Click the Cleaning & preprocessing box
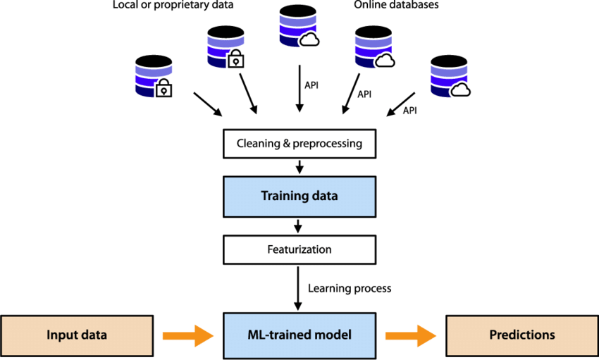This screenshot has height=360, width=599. tap(299, 144)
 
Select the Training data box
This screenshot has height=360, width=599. tap(299, 196)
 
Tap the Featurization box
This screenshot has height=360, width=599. tap(299, 249)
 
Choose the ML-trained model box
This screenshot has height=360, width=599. tap(299, 335)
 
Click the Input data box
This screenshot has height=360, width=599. tap(77, 335)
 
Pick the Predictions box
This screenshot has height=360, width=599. tap(522, 335)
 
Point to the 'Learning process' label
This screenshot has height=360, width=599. tap(350, 288)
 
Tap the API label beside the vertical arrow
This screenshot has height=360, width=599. tap(311, 85)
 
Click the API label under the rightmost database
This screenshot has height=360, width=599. tap(410, 110)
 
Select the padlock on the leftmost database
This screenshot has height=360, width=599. tap(163, 89)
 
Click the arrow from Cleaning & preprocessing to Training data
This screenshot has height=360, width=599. tap(299, 167)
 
